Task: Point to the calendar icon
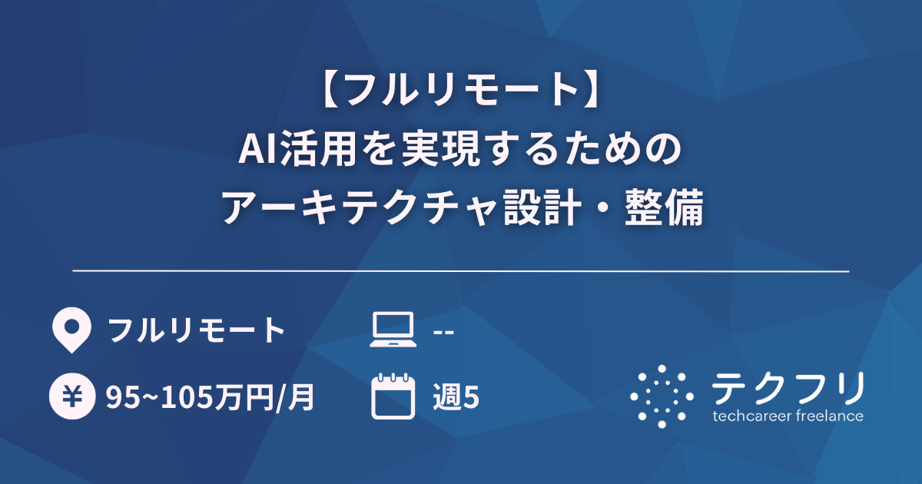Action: coord(393,396)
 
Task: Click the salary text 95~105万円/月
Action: coord(210,396)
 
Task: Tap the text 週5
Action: coord(456,396)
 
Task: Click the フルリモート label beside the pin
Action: coord(196,331)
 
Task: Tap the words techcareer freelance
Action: coord(788,416)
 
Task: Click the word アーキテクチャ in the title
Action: coord(358,208)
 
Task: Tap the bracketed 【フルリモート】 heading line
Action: coord(461,90)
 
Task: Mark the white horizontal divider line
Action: coord(461,271)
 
